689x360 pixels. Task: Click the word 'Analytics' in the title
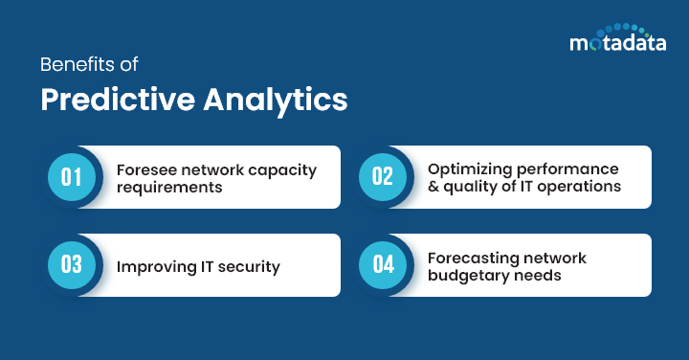coord(277,101)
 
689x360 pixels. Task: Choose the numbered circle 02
coord(383,177)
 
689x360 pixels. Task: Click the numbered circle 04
coord(383,265)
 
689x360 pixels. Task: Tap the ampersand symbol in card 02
coord(433,187)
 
